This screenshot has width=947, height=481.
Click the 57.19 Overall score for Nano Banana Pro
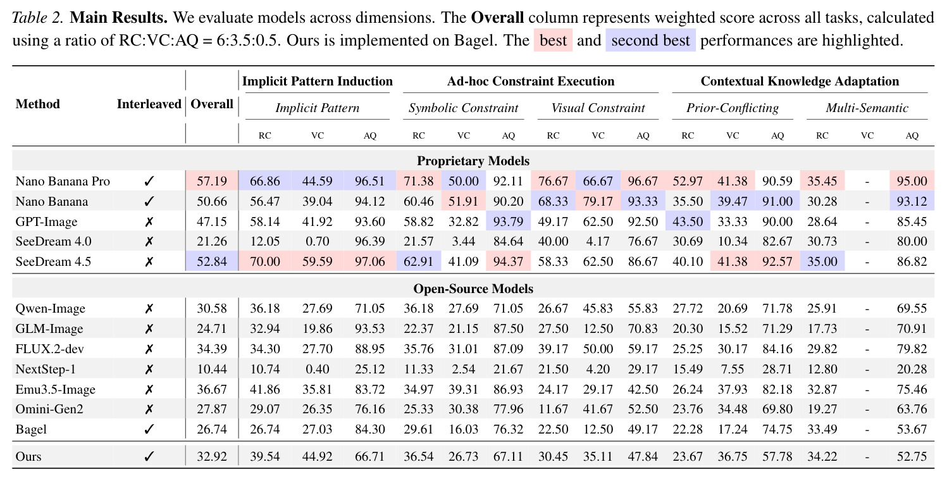click(212, 181)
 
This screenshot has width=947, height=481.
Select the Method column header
click(37, 104)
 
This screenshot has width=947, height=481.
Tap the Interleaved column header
click(149, 104)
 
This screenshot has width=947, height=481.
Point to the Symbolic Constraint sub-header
click(463, 108)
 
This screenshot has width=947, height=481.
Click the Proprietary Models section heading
click(473, 161)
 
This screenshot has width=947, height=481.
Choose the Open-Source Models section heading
click(473, 289)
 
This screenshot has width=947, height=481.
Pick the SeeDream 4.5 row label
click(53, 261)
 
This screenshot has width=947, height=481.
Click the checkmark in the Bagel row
click(149, 429)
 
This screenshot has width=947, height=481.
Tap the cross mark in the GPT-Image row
click(149, 222)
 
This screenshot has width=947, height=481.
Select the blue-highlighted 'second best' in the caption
click(650, 41)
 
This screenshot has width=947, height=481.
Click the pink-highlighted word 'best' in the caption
click(553, 41)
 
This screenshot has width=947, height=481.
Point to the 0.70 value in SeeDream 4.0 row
click(317, 241)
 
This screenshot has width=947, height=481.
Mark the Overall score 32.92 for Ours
click(212, 456)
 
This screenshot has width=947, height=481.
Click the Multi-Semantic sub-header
click(867, 108)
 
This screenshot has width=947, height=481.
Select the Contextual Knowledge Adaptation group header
click(800, 81)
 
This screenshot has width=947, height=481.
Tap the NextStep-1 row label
click(46, 369)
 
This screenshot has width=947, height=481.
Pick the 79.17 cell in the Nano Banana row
click(598, 201)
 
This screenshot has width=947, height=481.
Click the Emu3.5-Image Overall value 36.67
click(212, 389)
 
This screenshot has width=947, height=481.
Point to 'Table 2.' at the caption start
click(37, 17)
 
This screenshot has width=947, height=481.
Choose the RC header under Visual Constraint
click(553, 135)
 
